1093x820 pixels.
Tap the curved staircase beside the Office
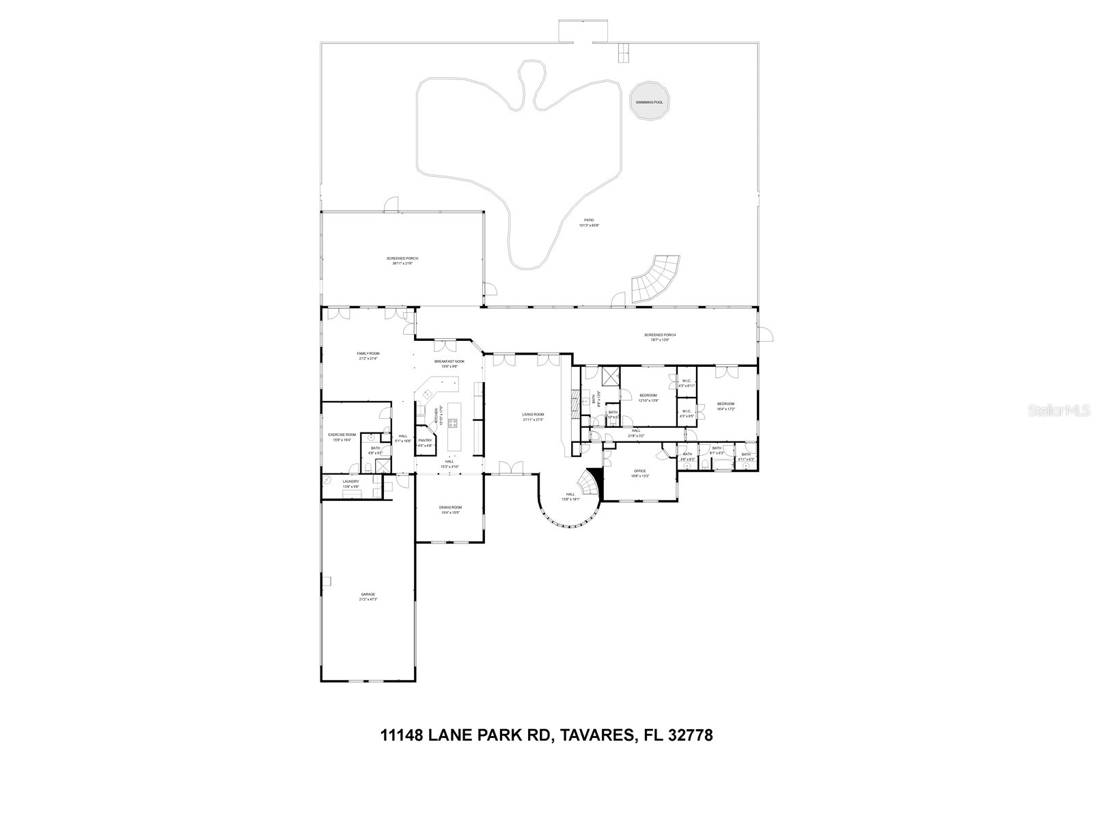point(588,484)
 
